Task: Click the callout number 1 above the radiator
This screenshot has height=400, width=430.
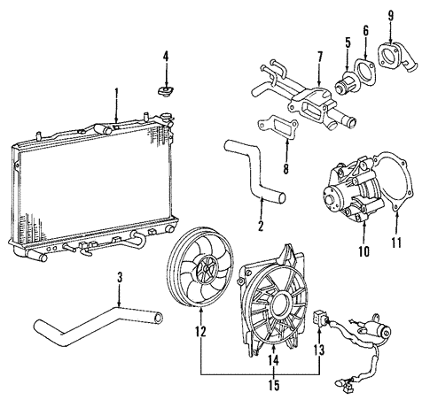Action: point(115,92)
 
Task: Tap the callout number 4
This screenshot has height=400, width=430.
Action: point(164,58)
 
